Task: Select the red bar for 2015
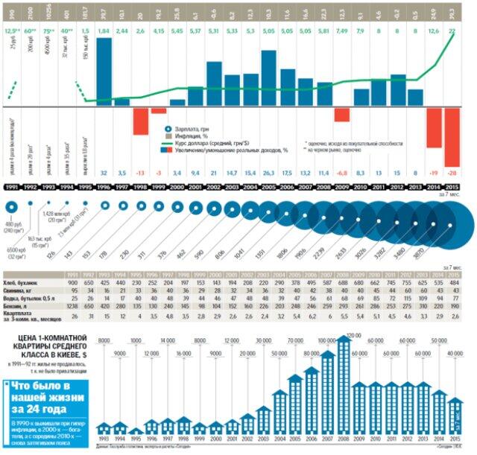pyautogui.click(x=452, y=137)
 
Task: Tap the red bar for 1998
pyautogui.click(x=140, y=121)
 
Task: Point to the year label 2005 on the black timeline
pyautogui.click(x=265, y=188)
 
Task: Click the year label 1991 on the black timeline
pyautogui.click(x=13, y=188)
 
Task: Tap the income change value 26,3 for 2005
pyautogui.click(x=265, y=173)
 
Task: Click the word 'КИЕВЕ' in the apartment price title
pyautogui.click(x=77, y=356)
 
